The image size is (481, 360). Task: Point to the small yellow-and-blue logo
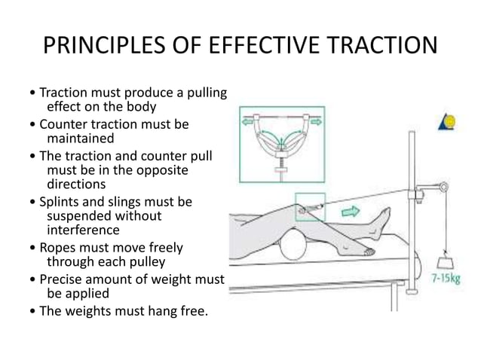point(446,122)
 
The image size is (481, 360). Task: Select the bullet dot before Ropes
point(29,249)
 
